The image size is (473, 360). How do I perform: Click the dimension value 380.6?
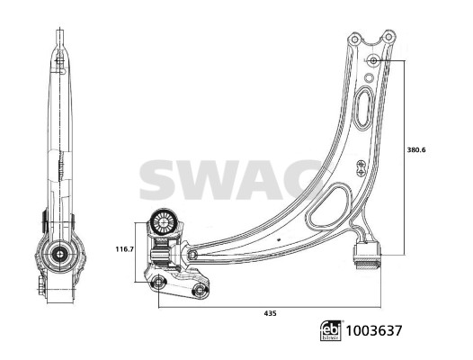point(416,148)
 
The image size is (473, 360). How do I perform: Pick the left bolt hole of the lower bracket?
point(159,284)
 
